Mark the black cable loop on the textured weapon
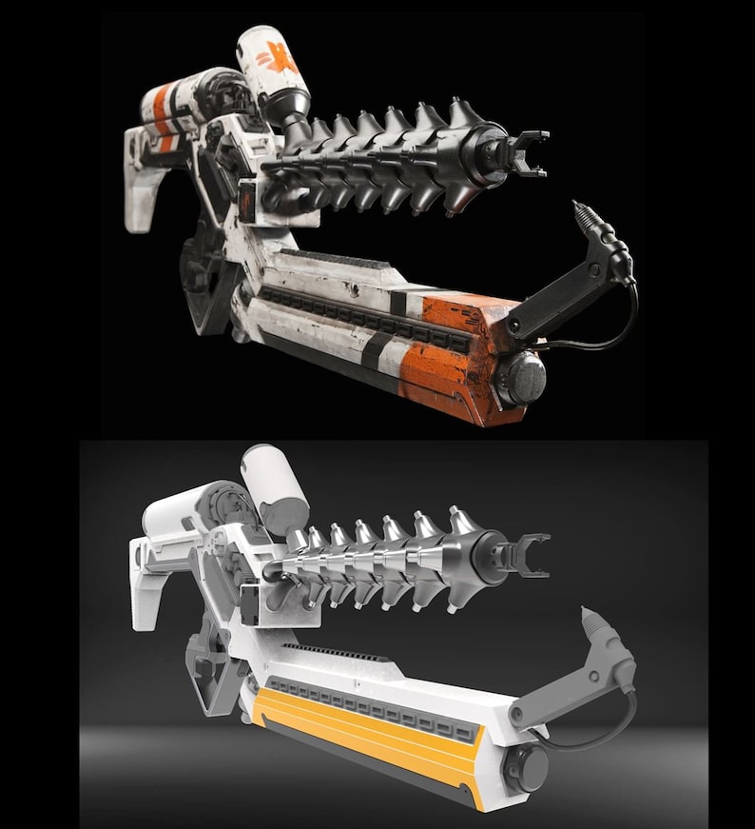click(x=609, y=328)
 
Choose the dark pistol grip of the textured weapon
click(x=205, y=276)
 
